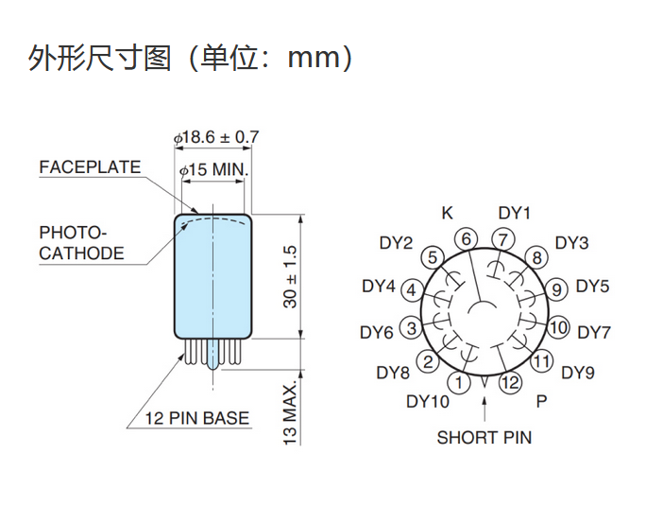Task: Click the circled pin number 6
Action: [x=466, y=239]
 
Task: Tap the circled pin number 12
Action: [x=510, y=382]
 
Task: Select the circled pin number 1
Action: [x=459, y=382]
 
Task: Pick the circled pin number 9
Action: [x=556, y=289]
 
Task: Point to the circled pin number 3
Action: [x=412, y=328]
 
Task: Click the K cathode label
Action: [x=447, y=213]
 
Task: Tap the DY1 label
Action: [x=514, y=213]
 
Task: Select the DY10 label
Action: [x=428, y=401]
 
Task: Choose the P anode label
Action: [x=541, y=401]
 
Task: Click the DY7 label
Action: [x=594, y=332]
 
